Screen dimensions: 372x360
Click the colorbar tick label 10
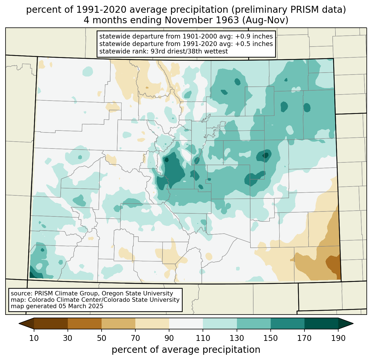[34, 338]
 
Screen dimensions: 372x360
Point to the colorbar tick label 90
[169, 338]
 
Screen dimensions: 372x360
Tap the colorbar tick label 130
[237, 338]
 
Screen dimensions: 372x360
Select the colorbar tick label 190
[338, 338]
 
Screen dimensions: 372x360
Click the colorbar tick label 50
[102, 338]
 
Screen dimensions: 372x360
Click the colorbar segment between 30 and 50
[84, 323]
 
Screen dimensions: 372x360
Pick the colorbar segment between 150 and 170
[288, 323]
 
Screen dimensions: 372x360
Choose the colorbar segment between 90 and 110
[186, 323]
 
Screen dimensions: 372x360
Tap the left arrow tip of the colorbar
[19, 323]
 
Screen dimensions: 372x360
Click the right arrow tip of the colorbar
[353, 323]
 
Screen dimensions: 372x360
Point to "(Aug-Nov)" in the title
[265, 20]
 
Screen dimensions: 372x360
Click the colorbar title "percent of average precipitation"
[186, 350]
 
